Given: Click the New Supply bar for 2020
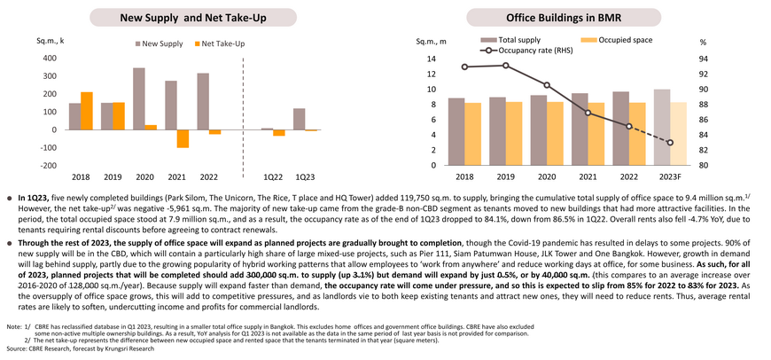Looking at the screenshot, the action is [139, 98].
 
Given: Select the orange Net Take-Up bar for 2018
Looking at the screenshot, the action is [87, 111].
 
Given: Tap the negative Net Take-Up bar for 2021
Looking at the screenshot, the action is [183, 138].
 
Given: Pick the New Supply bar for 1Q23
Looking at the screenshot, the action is [300, 119].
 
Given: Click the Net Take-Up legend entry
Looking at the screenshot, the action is [220, 43].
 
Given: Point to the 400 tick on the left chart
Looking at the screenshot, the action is [51, 58].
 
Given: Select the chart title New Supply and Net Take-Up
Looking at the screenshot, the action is [193, 19].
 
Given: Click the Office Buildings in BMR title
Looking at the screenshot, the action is [564, 19].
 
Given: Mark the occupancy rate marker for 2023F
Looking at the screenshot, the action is [670, 143].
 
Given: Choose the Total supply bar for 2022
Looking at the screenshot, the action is [622, 129].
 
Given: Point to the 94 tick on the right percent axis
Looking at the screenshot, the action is [703, 59].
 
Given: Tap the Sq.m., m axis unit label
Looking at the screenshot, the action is [432, 42].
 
